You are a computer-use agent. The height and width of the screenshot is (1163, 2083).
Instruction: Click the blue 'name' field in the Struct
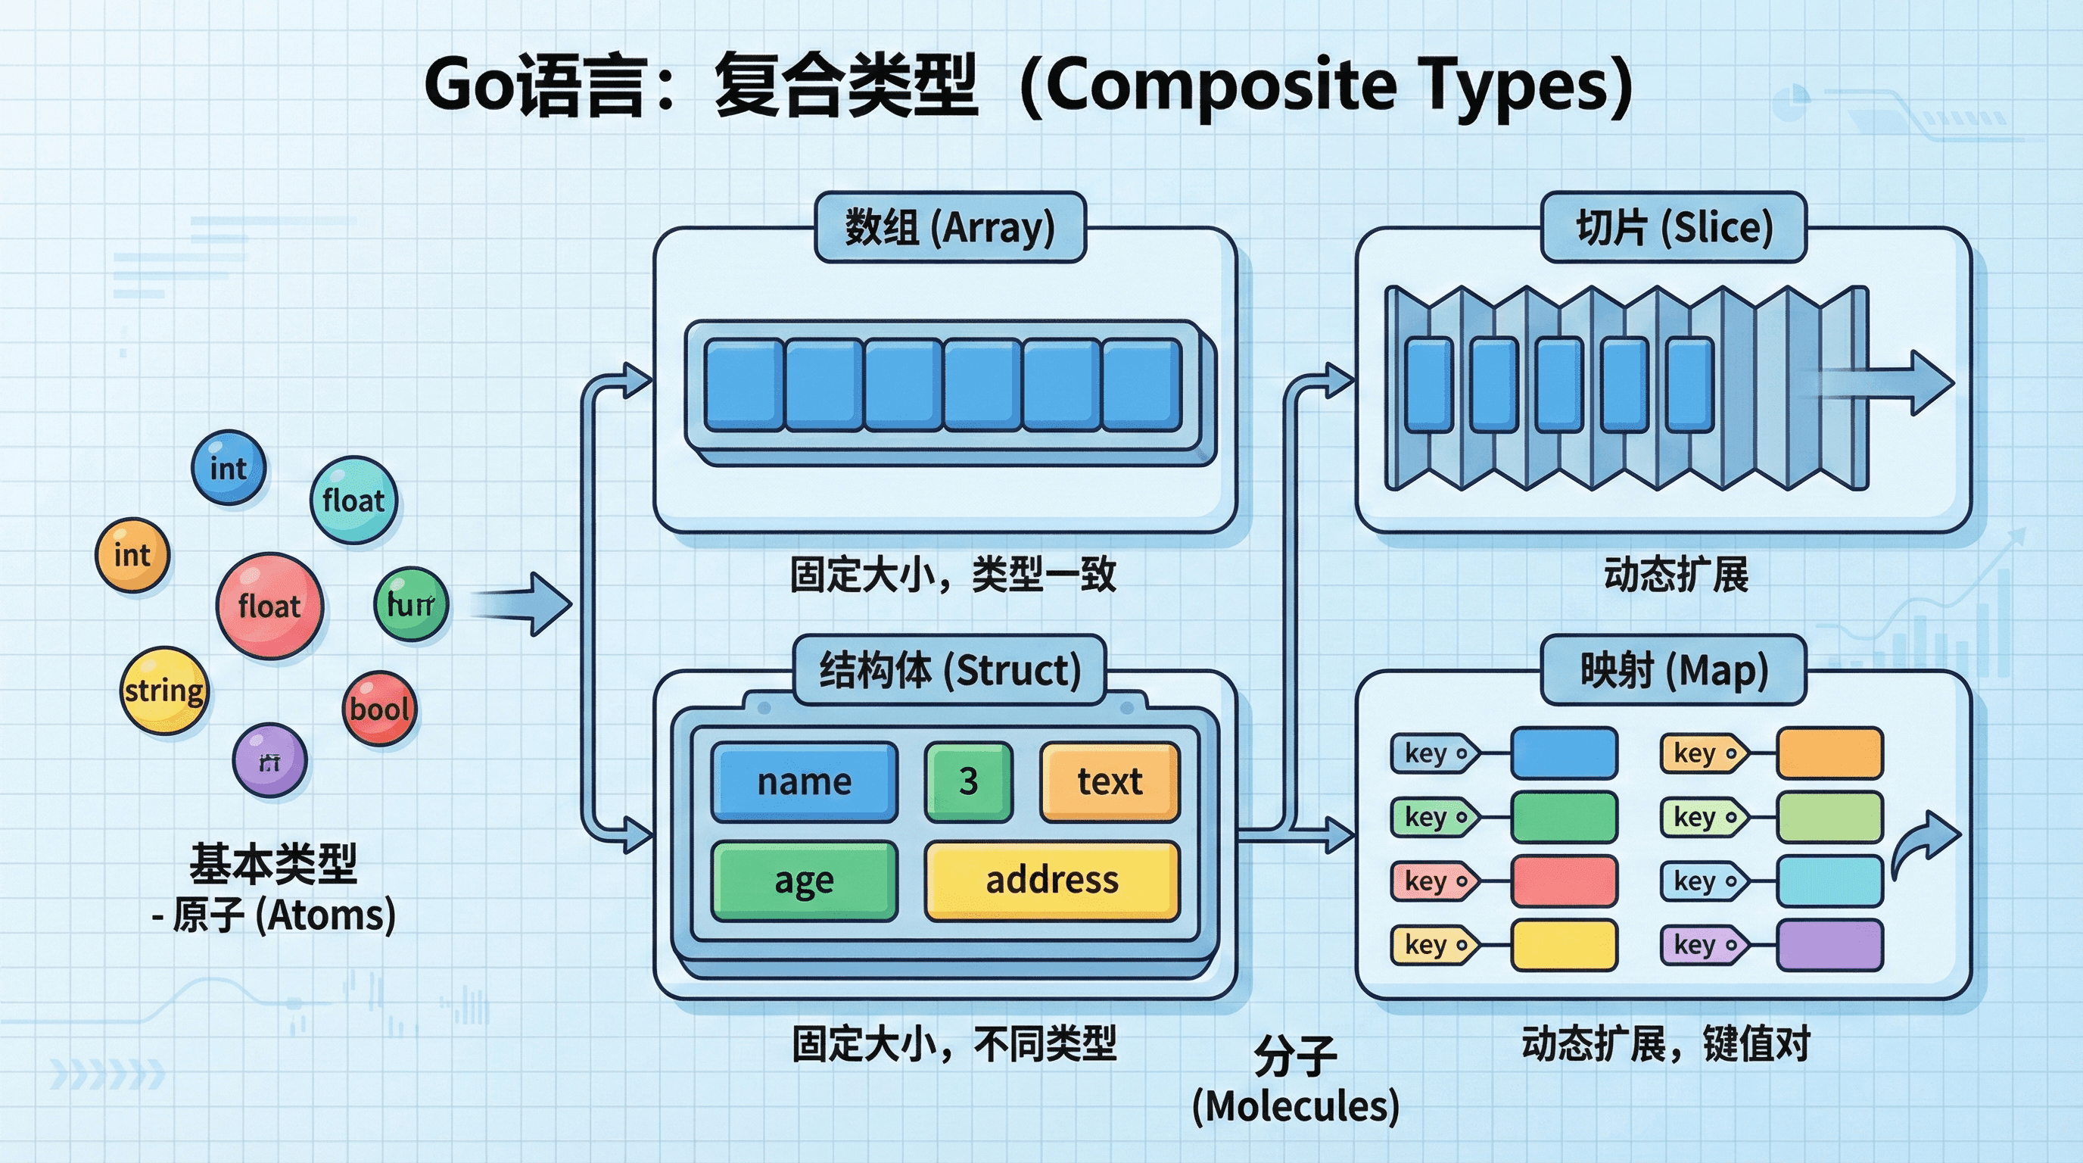tap(804, 781)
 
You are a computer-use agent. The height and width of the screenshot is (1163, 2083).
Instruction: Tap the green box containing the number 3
tap(968, 781)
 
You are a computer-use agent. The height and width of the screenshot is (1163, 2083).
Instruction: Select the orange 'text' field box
tap(1109, 781)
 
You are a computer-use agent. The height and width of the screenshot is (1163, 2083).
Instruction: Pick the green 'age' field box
tap(804, 880)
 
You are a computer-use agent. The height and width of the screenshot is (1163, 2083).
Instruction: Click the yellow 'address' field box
tap(1051, 880)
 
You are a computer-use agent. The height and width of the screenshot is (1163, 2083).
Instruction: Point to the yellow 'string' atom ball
tap(164, 691)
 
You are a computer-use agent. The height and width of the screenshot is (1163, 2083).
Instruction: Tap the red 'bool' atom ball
tap(379, 709)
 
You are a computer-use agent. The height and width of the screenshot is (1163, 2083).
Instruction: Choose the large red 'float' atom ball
tap(269, 606)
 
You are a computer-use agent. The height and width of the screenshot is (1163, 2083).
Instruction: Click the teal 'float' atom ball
tap(353, 500)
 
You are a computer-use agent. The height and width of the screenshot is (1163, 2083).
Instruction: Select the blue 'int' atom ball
tap(228, 467)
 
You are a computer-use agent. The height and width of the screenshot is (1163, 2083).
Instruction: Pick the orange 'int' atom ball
tap(132, 555)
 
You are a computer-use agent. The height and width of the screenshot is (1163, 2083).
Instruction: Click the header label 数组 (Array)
tap(949, 227)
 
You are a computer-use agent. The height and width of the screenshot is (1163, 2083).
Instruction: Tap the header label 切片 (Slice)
tap(1673, 227)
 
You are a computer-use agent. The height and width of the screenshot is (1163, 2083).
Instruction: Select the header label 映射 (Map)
tap(1673, 669)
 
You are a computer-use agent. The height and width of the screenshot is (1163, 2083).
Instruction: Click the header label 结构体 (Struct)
tap(949, 669)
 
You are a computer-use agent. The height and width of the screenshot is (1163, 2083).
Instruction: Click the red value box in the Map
tap(1564, 881)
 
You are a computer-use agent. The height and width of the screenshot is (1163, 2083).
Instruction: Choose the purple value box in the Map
tap(1829, 945)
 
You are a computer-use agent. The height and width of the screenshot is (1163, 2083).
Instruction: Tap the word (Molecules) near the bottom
tap(1295, 1105)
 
